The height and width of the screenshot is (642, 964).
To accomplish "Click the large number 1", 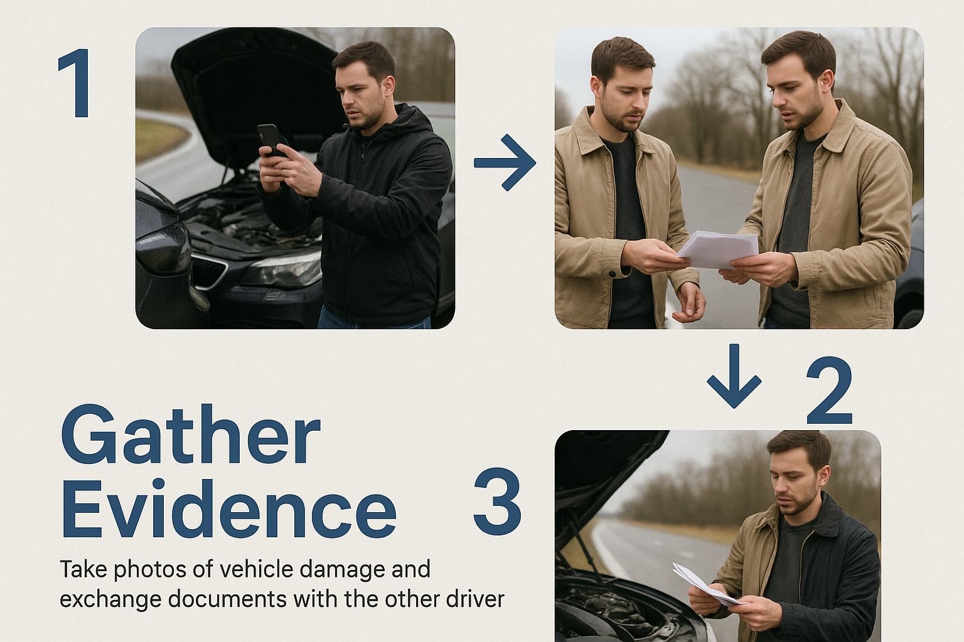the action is point(77,83).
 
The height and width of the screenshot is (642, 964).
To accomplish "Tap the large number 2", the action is point(829,391).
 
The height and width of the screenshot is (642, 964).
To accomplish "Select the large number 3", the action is point(498,501).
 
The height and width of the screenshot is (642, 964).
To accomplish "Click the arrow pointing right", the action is point(505,162).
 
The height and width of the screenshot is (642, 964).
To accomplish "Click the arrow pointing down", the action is point(734,376).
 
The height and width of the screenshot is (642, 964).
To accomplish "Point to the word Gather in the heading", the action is point(191,434).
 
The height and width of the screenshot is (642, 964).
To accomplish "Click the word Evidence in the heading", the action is point(229,508).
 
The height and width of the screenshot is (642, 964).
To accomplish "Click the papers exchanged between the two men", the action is point(718,250).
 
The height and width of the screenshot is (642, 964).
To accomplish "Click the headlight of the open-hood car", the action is point(282,270).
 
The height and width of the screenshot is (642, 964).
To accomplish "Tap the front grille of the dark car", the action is point(209,271).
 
